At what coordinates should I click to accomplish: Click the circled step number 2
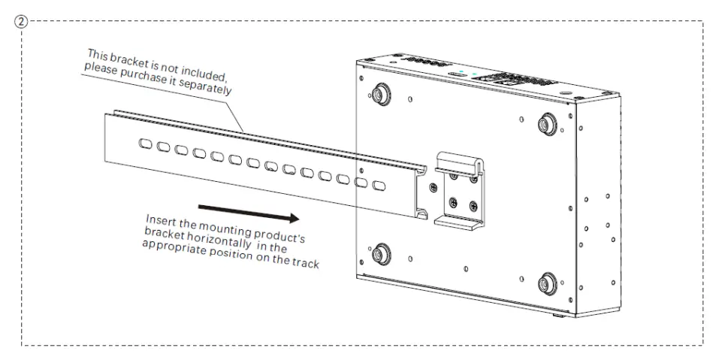coord(23,21)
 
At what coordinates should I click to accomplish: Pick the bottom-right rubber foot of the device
coord(546,286)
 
